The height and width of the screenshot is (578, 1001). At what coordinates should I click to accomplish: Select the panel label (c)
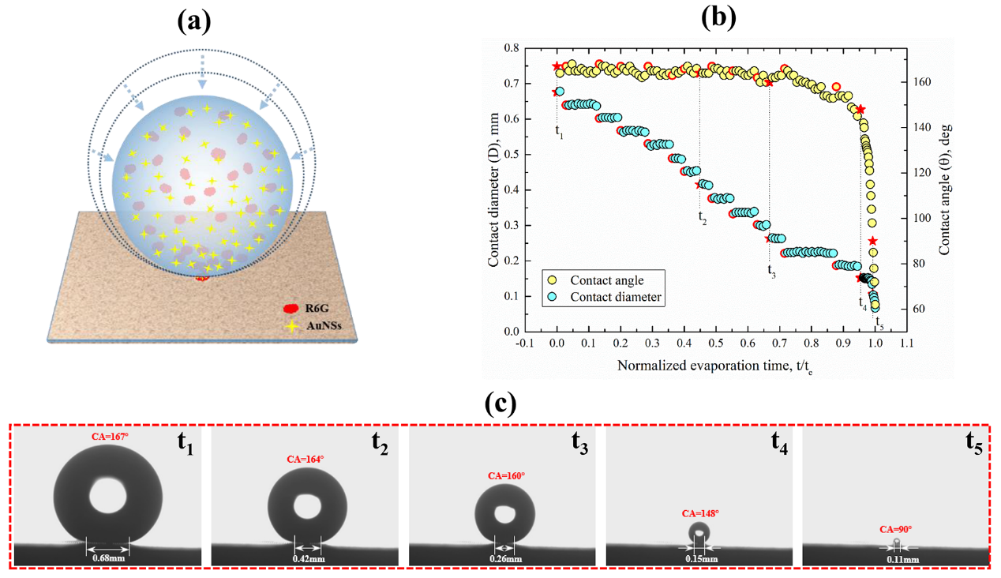coord(500,403)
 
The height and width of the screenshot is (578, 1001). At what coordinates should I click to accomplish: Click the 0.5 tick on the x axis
coord(715,344)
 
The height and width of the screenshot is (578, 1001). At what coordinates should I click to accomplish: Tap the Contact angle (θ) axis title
coord(944,190)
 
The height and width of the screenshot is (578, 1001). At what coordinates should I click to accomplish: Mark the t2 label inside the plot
coord(703,218)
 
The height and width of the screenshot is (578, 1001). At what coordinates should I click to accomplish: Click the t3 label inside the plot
coord(771,270)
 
